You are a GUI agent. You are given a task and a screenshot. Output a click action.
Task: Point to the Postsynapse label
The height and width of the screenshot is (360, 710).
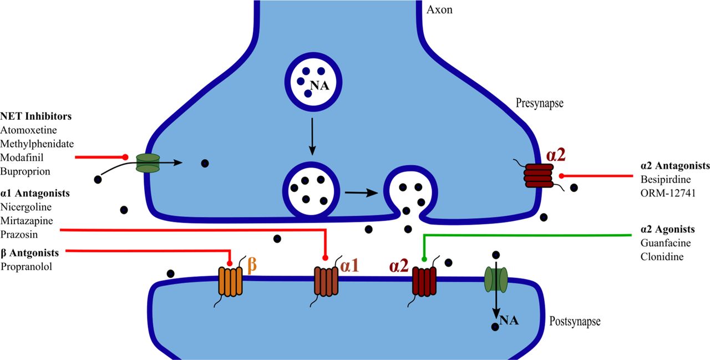tap(575, 321)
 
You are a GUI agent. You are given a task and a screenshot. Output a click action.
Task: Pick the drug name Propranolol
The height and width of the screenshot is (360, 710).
tap(26, 266)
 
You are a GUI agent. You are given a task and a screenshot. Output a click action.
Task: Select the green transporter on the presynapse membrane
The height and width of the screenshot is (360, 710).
tap(148, 163)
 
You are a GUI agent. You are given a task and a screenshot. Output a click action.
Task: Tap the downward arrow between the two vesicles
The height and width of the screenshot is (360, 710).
tap(312, 135)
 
